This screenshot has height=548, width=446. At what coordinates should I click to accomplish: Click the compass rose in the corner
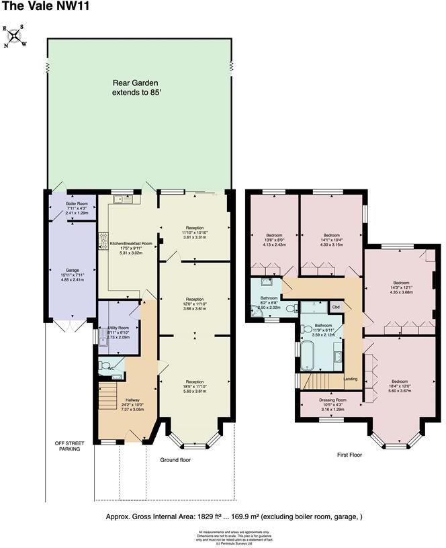[14, 36]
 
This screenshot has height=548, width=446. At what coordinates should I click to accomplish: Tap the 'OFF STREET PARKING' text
[67, 446]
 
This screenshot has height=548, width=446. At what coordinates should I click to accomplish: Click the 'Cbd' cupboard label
[335, 307]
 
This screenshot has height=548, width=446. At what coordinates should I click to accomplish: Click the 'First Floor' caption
[349, 455]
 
